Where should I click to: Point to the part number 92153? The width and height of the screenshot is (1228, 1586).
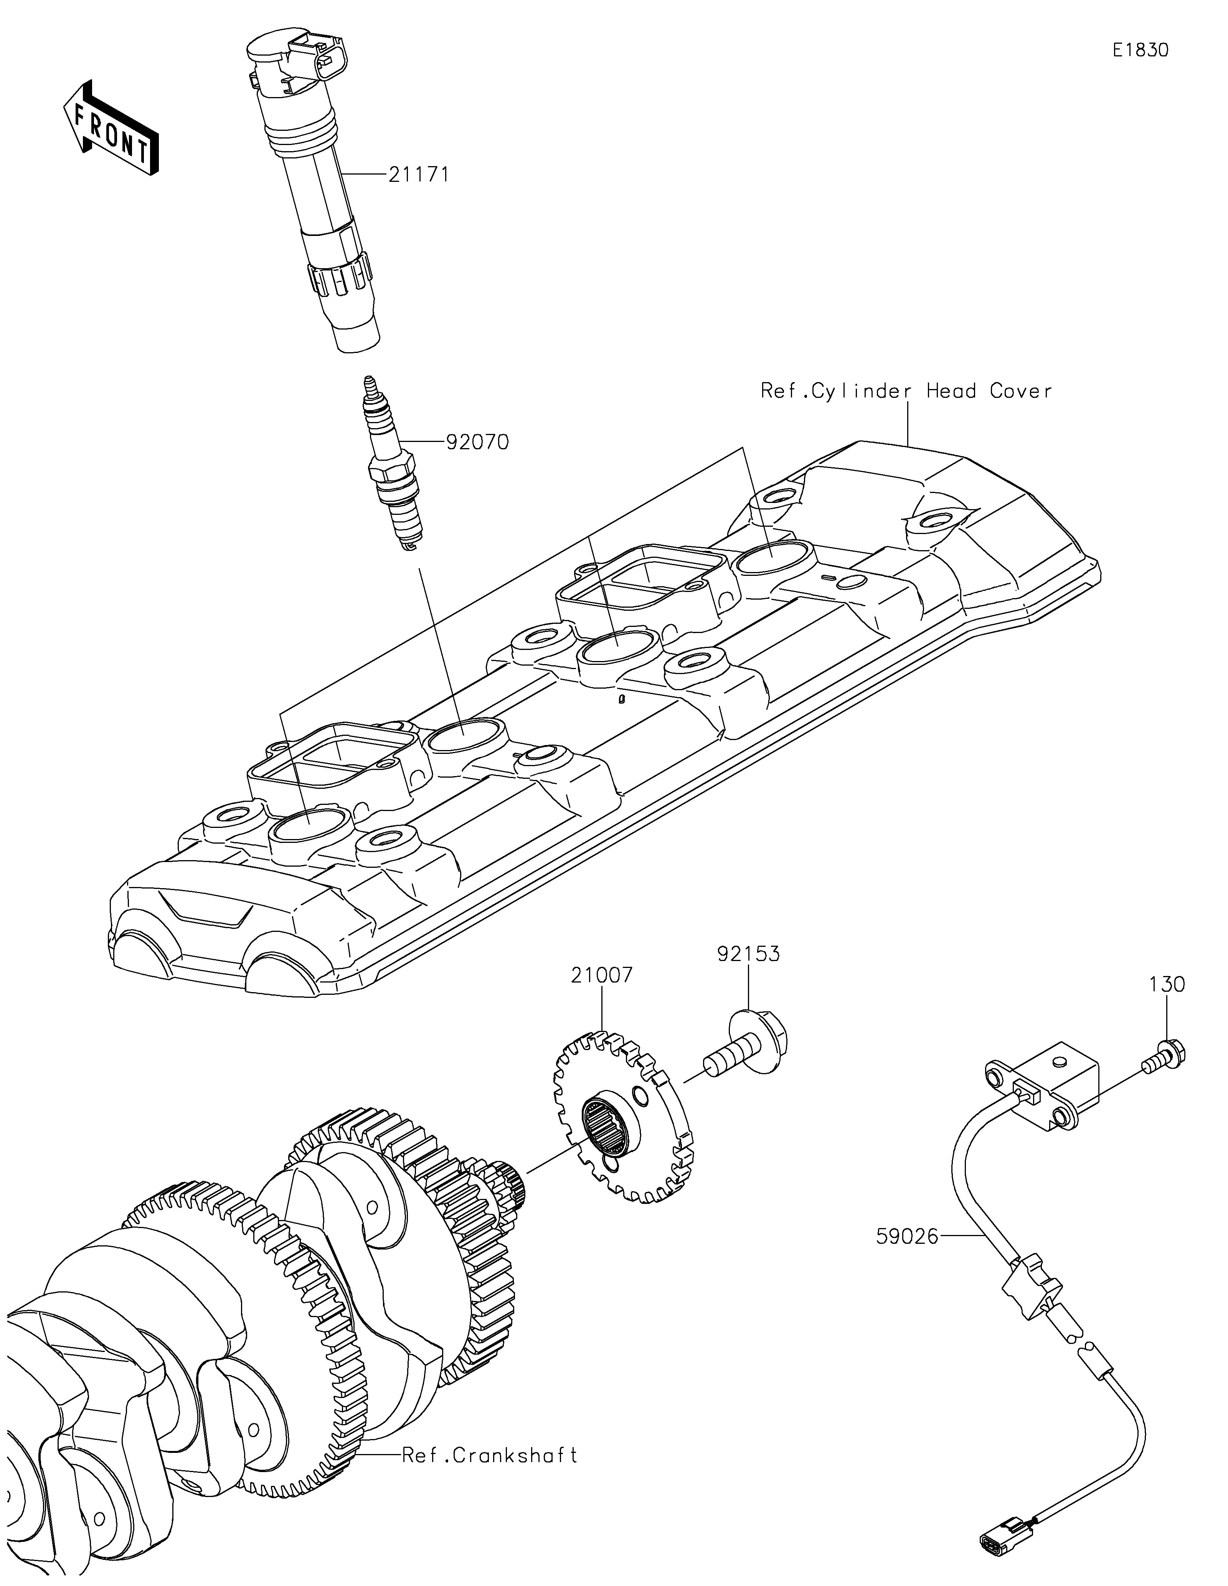[x=749, y=953]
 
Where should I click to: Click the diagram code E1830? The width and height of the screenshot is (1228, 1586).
[x=1141, y=50]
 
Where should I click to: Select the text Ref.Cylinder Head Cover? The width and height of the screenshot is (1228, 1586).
[x=906, y=391]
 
